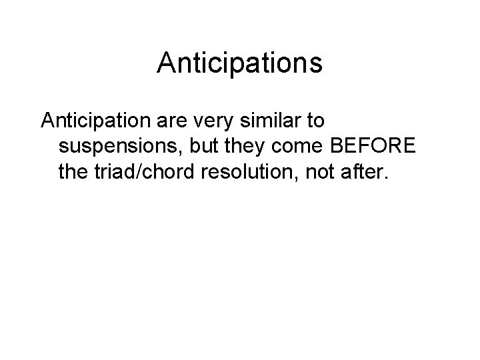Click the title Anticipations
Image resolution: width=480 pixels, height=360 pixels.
pos(240,63)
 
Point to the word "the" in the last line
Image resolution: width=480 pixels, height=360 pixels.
pos(73,172)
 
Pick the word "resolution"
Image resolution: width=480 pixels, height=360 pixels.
pos(250,172)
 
